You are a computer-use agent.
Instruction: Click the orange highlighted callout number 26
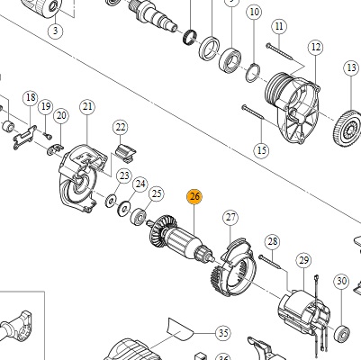(194, 197)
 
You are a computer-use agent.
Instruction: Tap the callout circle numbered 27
(230, 217)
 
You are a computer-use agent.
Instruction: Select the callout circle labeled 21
(87, 107)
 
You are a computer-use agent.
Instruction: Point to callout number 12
(316, 47)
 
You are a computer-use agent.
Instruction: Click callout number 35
(223, 333)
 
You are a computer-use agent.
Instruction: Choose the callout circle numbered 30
(342, 281)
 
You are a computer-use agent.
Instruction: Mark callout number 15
(261, 150)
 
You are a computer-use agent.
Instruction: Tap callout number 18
(31, 98)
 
